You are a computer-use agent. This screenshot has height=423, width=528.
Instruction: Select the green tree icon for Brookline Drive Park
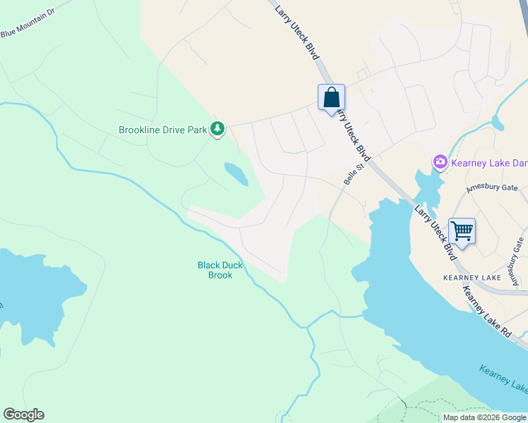click(218, 128)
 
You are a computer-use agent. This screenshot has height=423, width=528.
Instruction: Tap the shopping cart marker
click(462, 231)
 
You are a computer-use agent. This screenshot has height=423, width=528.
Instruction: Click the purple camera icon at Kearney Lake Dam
click(440, 163)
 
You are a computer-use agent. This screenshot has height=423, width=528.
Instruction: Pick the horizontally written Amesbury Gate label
click(491, 188)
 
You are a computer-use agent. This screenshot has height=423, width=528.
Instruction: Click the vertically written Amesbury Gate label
click(520, 262)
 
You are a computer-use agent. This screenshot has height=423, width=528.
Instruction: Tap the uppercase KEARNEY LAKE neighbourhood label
click(472, 278)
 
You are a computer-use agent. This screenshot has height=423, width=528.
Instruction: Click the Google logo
click(23, 415)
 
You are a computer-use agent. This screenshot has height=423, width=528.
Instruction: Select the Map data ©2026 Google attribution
click(484, 417)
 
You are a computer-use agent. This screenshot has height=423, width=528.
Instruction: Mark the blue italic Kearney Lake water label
click(503, 379)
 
